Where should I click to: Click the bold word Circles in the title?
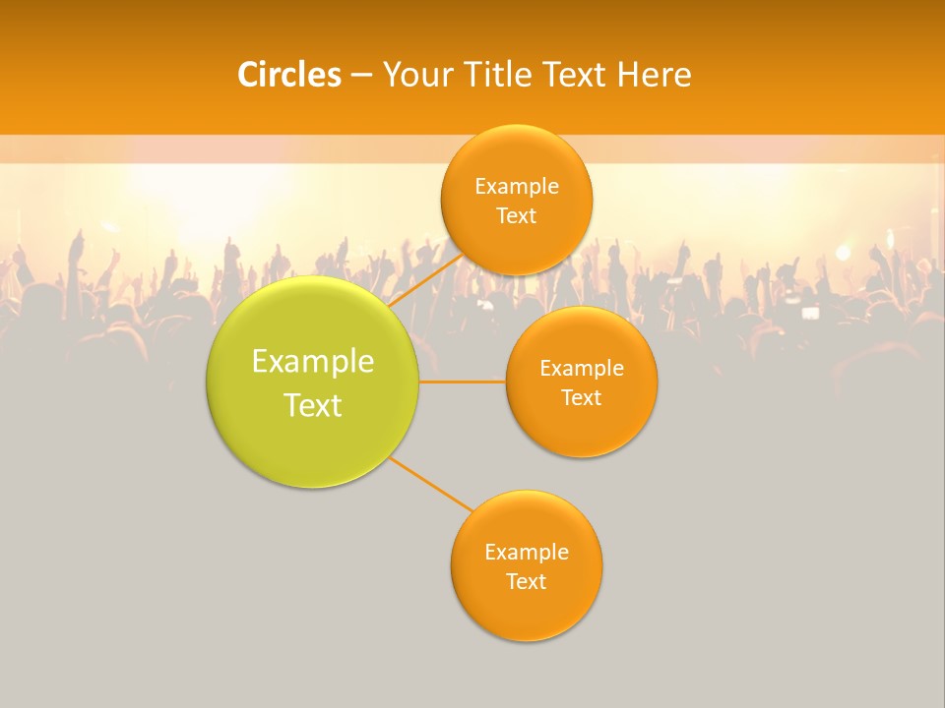(288, 75)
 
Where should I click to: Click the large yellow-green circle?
(312, 433)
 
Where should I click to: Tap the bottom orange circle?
(526, 610)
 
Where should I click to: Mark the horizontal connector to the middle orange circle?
(462, 382)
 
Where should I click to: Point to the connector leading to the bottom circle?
(430, 485)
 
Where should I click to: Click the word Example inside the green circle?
(312, 362)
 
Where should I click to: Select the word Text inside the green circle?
(312, 405)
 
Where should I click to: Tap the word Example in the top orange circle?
(516, 187)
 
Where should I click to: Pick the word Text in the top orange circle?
(516, 216)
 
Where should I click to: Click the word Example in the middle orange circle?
(581, 369)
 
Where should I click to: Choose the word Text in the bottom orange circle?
(526, 581)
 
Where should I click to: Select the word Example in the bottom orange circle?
(526, 552)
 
